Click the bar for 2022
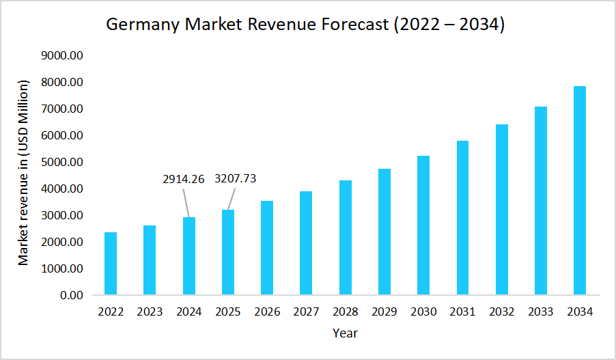point(111,264)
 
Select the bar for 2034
point(579,191)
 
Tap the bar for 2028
point(345,238)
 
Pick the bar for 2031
point(462,218)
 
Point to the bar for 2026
point(267,248)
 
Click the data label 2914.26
point(184,179)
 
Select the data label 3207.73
point(236,179)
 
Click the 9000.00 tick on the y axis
point(63,55)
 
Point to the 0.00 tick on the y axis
point(72,296)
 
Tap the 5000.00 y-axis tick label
point(63,163)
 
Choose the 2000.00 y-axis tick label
point(63,243)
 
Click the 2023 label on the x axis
point(150,312)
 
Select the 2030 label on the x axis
point(423,312)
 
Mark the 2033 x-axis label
point(540,312)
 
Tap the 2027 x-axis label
point(306,312)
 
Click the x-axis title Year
point(345,333)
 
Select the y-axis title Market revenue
point(24,174)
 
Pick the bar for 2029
point(384,232)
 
